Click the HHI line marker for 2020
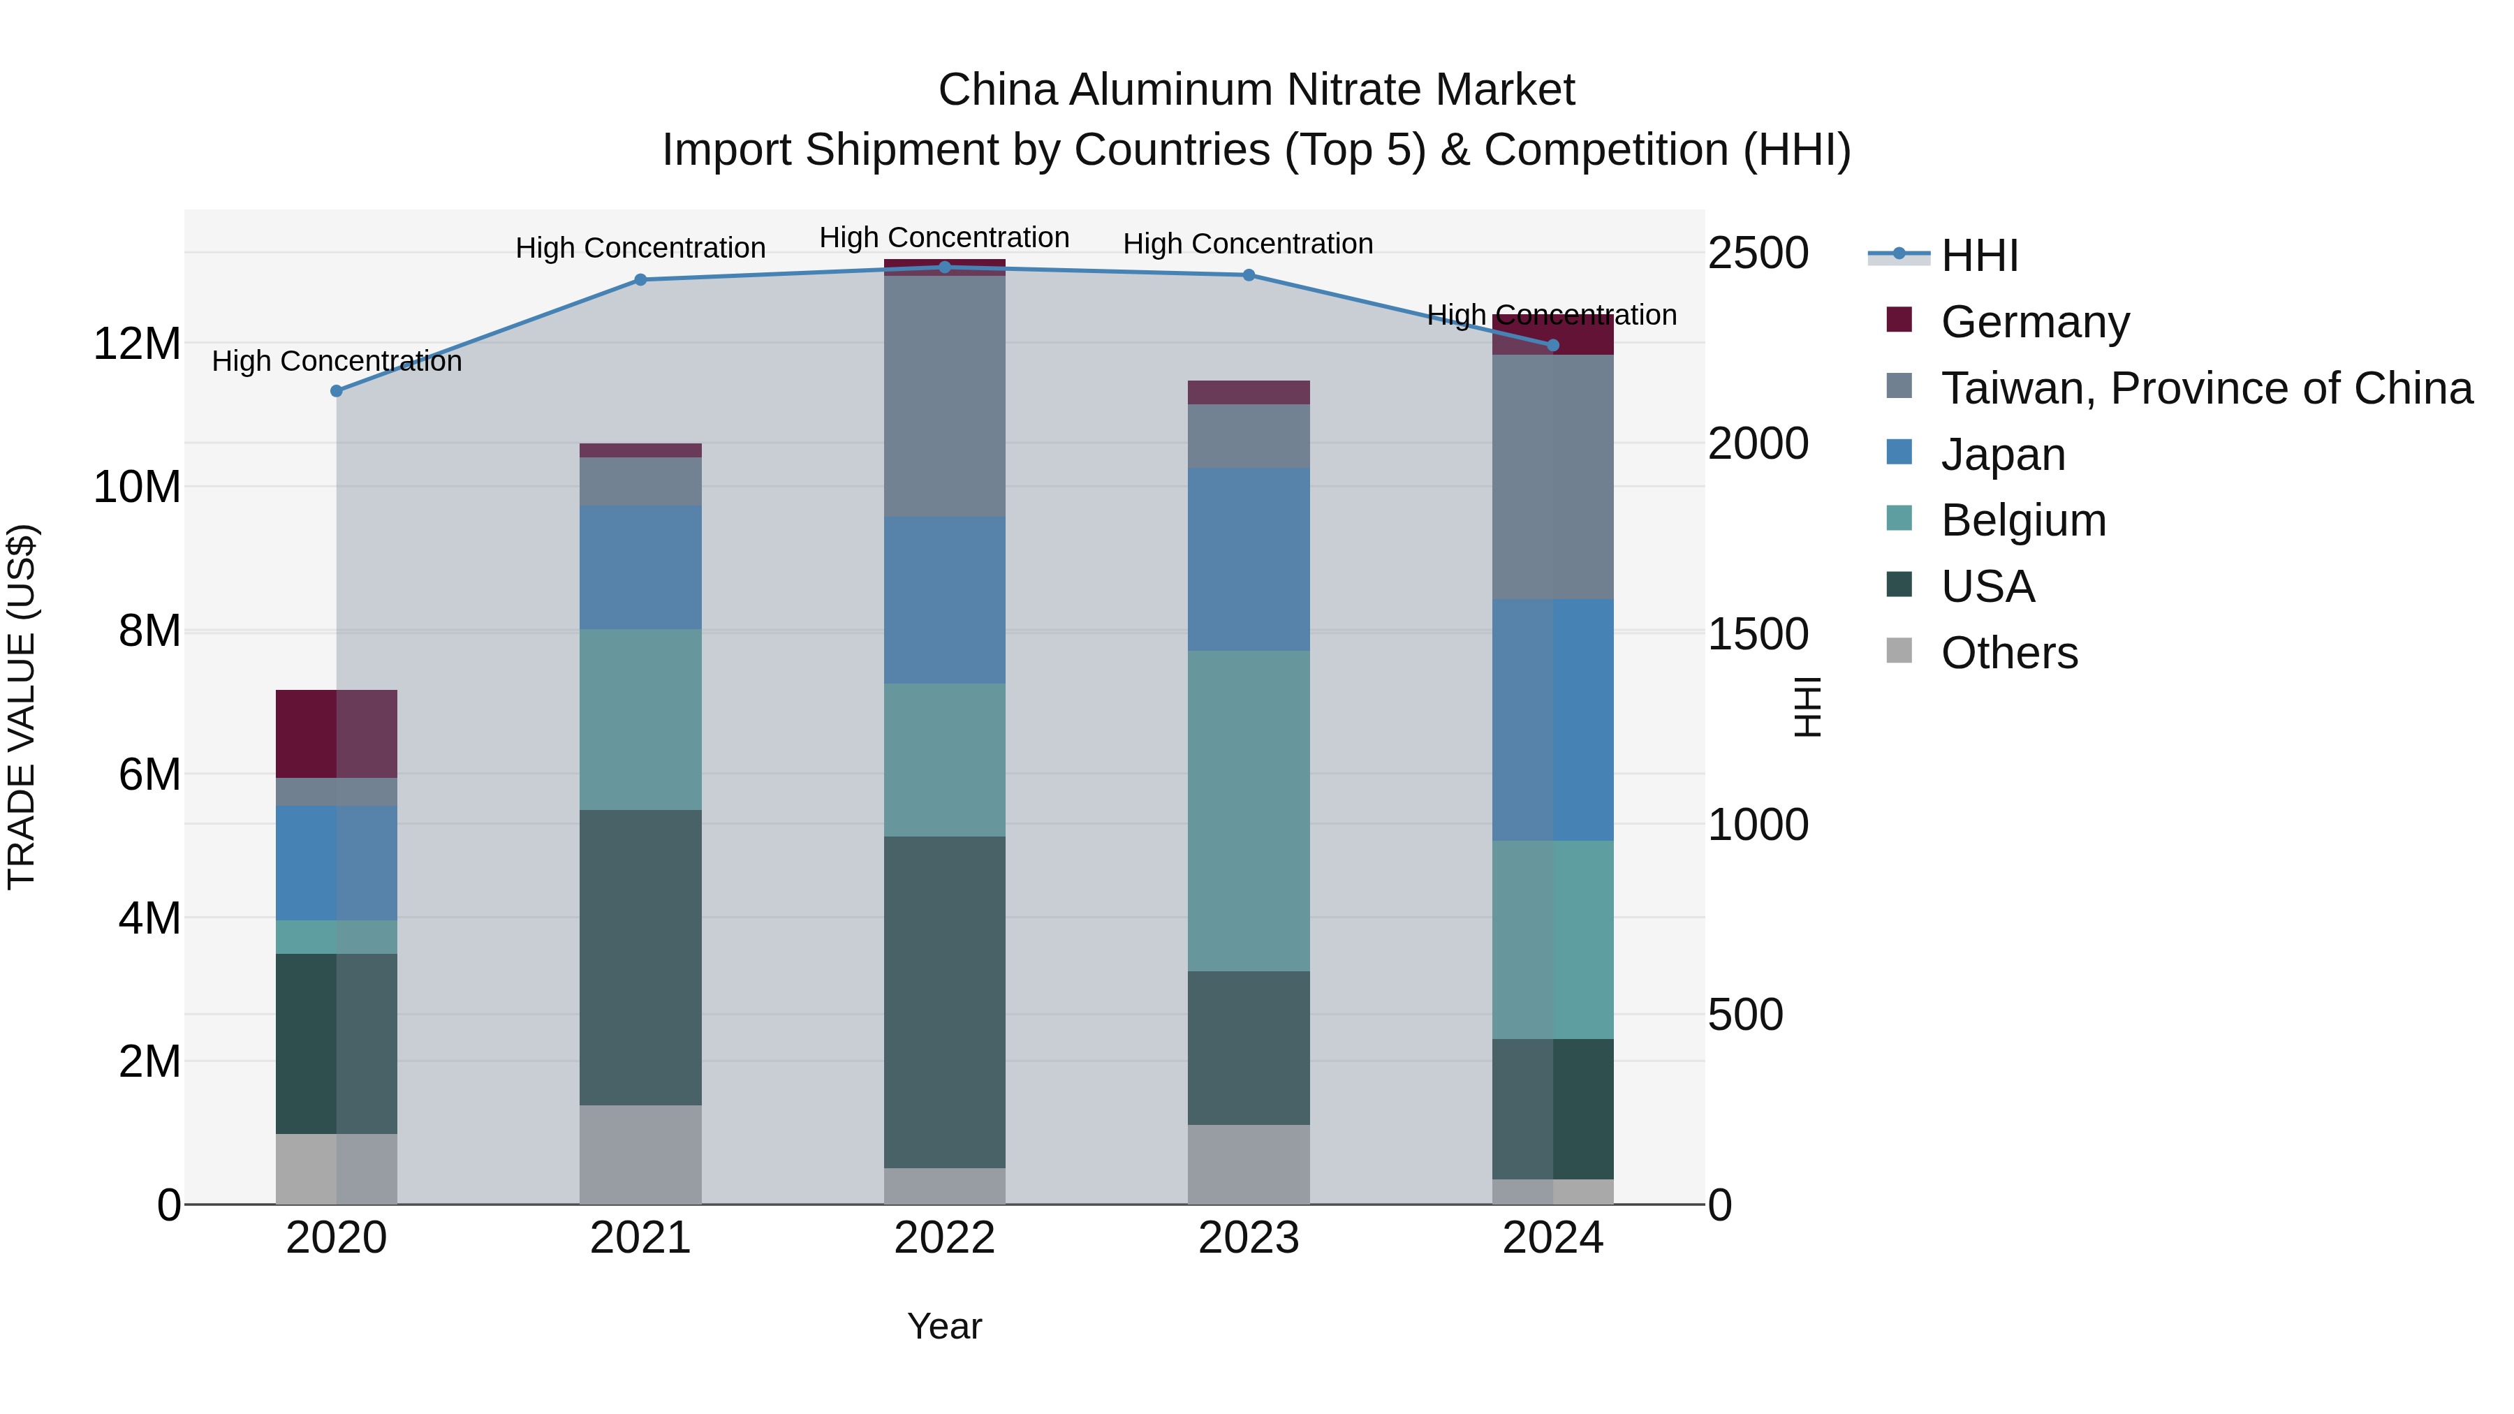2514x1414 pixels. (x=337, y=391)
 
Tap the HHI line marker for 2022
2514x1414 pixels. (x=945, y=267)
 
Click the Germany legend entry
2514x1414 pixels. (x=2035, y=322)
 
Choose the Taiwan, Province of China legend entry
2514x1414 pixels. (x=2205, y=388)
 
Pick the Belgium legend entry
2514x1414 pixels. (x=2023, y=520)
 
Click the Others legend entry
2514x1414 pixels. (x=2008, y=653)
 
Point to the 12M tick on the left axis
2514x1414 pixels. (x=137, y=344)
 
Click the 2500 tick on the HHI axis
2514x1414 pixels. (x=1758, y=253)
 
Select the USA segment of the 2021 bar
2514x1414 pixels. (x=640, y=957)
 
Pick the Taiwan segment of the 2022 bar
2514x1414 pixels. (x=945, y=395)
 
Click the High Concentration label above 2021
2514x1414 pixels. (x=640, y=248)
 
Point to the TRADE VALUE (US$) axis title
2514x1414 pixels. (x=22, y=707)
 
